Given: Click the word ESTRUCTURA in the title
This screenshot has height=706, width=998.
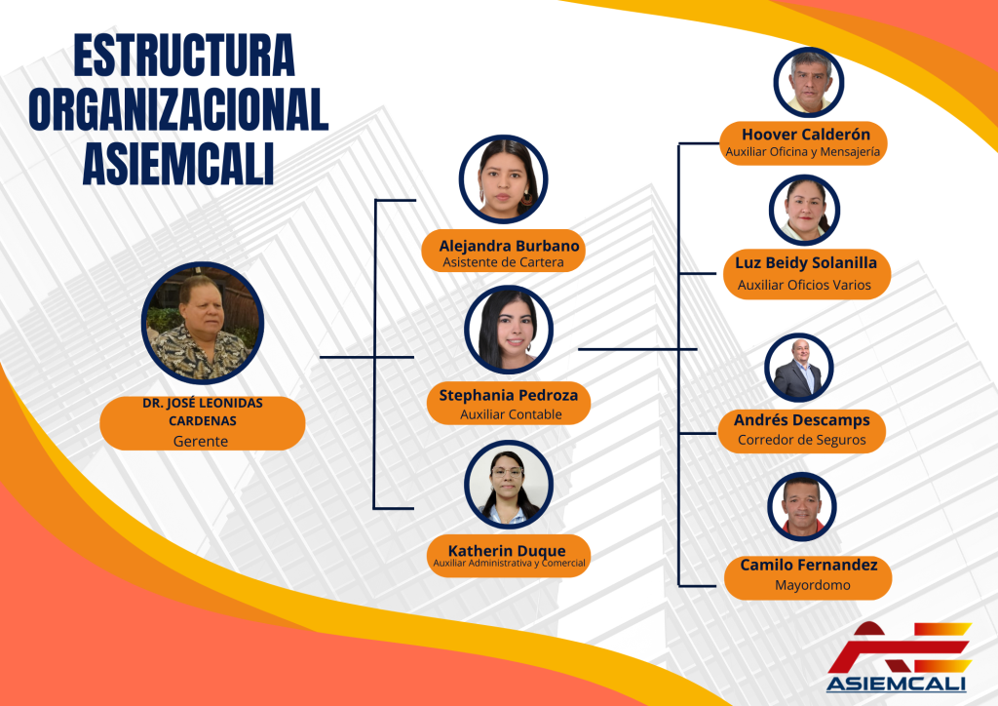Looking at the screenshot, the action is click(184, 56).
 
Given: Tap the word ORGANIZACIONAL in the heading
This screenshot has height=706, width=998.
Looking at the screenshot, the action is click(179, 109).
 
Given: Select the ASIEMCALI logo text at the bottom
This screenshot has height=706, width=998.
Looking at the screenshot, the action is click(897, 685).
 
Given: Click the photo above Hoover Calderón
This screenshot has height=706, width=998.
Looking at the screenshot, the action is click(808, 82).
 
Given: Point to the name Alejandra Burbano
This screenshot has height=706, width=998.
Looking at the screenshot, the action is click(509, 246).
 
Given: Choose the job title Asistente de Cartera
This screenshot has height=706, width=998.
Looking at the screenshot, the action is click(504, 262).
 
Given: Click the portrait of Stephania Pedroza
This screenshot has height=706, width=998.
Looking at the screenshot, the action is click(509, 330).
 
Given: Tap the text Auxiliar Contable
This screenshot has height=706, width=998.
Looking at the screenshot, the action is click(511, 414).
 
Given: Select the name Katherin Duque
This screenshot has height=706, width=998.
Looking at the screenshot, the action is click(507, 551).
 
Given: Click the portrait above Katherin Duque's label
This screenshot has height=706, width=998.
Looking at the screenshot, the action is click(509, 485).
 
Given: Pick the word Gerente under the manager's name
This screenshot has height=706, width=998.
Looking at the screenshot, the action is click(201, 441).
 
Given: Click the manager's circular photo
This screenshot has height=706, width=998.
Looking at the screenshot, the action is click(203, 323).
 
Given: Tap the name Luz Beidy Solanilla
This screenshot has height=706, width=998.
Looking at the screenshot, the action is click(806, 263).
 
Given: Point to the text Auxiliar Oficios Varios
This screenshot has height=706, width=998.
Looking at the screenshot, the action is click(804, 285).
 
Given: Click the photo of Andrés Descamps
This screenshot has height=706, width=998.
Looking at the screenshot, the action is click(799, 368).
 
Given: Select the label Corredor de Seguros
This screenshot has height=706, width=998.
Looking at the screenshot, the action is click(802, 440).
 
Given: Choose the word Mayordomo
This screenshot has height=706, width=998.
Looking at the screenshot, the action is click(812, 585).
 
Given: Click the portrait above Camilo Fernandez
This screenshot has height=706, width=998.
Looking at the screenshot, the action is click(801, 507).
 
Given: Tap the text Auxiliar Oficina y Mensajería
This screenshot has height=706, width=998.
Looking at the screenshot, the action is click(803, 152).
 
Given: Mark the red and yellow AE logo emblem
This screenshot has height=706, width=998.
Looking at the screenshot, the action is click(900, 647).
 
